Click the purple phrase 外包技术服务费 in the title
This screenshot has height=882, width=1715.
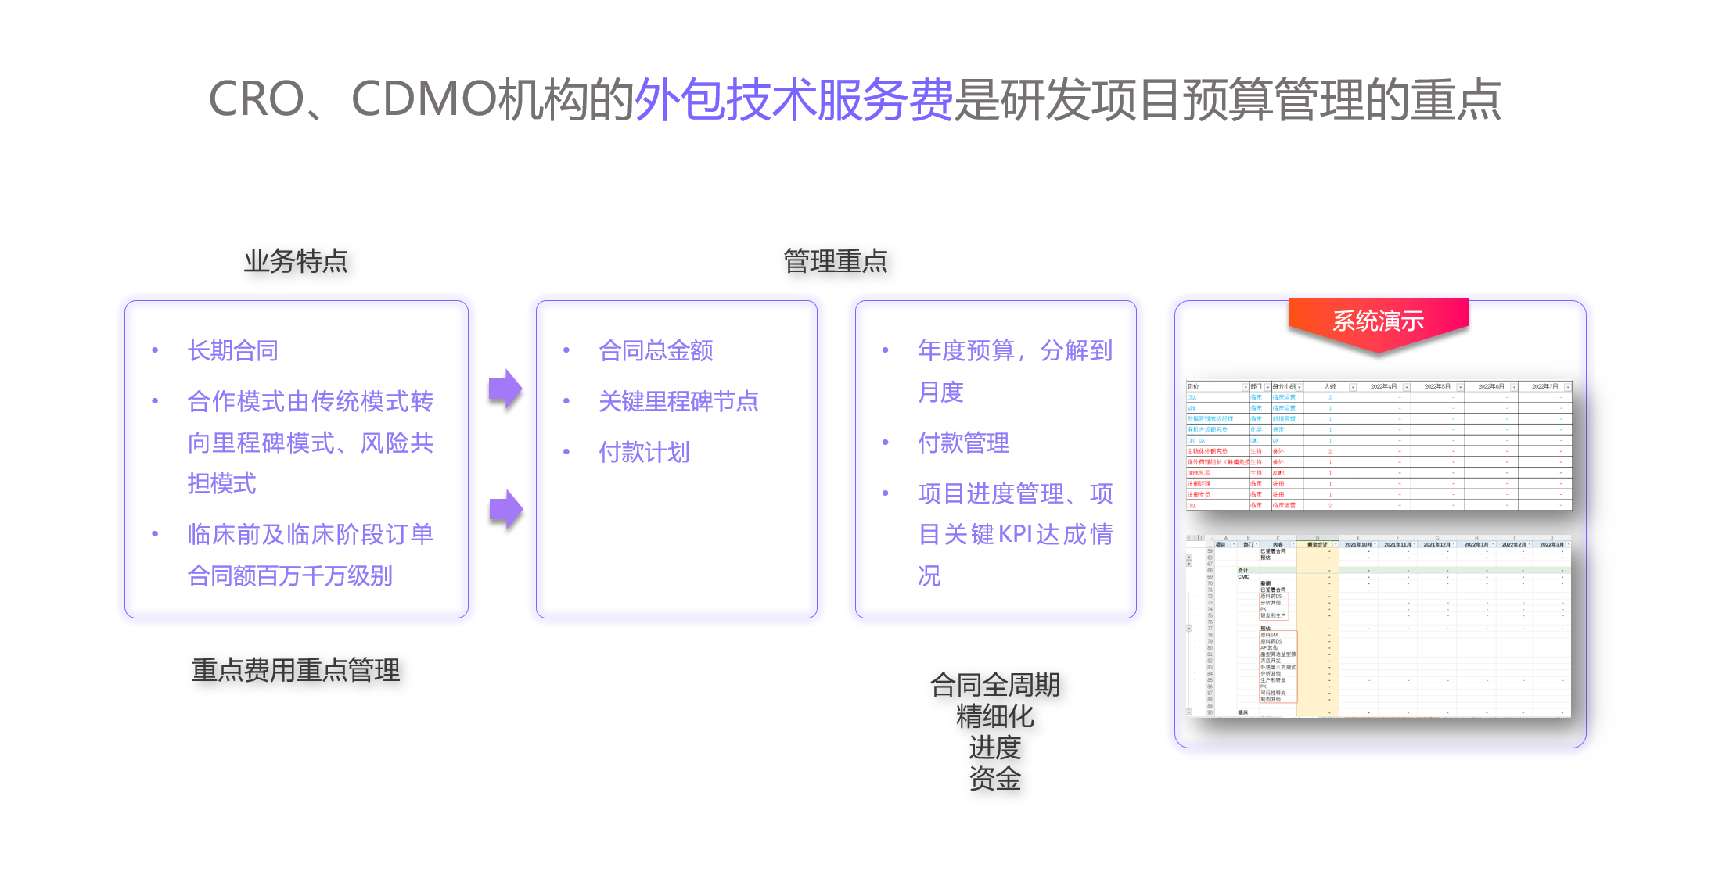tap(793, 100)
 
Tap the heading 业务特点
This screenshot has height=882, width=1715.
tap(296, 261)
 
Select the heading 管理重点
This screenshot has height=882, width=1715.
tap(836, 261)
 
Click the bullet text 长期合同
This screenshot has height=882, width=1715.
tap(233, 351)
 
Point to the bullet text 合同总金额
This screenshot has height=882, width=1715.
tap(656, 351)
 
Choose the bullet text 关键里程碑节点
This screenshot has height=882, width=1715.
tap(678, 402)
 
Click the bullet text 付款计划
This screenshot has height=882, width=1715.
tap(644, 452)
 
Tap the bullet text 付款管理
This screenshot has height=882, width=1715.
tap(963, 443)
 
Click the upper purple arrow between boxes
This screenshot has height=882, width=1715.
tap(505, 389)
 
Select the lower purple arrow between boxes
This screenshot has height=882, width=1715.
tap(505, 510)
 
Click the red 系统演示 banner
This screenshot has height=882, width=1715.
tap(1378, 321)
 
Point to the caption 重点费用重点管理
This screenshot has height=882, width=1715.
tap(296, 670)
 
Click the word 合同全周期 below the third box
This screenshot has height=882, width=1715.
tap(994, 686)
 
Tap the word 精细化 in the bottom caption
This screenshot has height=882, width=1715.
tap(994, 717)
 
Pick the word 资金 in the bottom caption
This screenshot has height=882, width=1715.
tap(994, 779)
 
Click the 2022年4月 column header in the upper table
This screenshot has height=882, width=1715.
tap(1382, 387)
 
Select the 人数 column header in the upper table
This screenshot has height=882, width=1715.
tap(1330, 387)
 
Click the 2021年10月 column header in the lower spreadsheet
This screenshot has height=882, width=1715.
tap(1357, 544)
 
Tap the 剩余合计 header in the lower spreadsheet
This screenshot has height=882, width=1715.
tap(1317, 544)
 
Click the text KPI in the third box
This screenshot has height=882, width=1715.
tap(1016, 535)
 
